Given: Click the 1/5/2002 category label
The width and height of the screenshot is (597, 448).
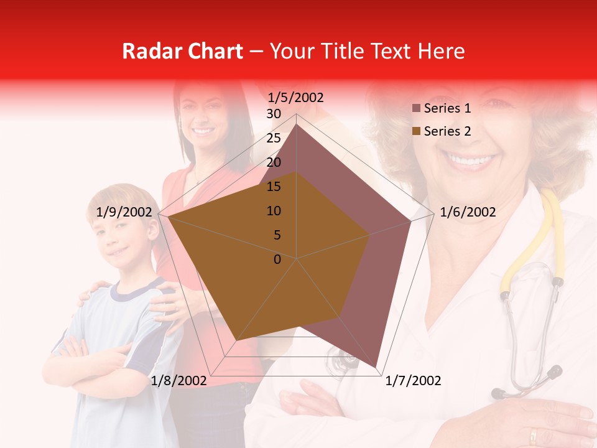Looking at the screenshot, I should coord(295,98).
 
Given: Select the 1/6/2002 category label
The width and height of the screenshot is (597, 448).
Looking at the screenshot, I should coord(468,212).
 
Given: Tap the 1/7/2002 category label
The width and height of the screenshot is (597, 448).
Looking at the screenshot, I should coord(414,381).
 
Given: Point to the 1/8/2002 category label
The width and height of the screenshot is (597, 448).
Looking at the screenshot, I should coord(178,381).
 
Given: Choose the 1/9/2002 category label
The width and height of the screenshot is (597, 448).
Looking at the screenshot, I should coord(124,212).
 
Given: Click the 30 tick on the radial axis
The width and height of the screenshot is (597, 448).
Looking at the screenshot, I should coord(274,114).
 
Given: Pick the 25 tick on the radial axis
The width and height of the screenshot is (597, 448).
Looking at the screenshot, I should coord(274,138).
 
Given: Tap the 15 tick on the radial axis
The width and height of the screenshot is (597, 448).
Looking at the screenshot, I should coord(274,187).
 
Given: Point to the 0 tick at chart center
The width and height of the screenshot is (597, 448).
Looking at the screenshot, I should coord(277,259).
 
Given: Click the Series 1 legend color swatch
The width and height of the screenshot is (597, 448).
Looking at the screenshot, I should coord(417,109).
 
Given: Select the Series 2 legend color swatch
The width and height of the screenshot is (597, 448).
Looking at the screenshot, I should coord(417,131).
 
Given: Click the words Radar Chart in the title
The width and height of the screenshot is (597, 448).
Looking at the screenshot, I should coord(182,52).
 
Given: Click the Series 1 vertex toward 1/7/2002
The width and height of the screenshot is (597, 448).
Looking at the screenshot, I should coord(376,366).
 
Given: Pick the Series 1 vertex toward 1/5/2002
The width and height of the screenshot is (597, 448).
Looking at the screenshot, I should coord(297,124).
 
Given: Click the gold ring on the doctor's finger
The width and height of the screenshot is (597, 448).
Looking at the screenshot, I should coord(534,436).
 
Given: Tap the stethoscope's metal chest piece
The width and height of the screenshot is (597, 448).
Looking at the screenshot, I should coord(501,393).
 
